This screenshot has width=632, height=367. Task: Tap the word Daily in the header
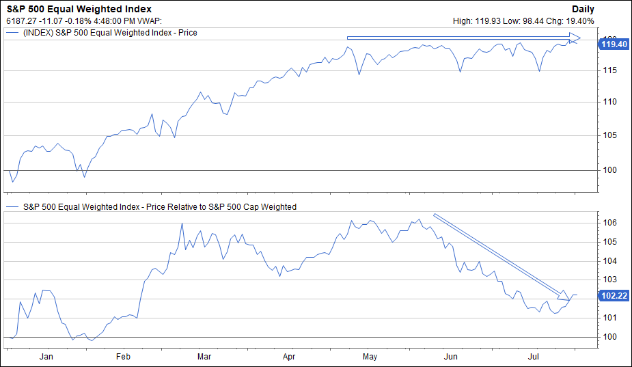tap(583, 9)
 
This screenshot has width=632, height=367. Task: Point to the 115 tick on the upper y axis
tap(610, 70)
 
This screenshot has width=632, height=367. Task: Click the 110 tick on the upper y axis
tap(610, 102)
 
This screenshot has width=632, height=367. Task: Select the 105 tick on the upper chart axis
tap(610, 135)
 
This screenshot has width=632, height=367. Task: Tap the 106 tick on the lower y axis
tap(610, 223)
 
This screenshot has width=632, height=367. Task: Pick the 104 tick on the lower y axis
tap(610, 260)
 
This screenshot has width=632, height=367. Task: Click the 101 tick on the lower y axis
tap(610, 318)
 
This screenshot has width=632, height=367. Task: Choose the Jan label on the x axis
tap(46, 357)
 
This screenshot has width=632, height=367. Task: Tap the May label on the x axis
tap(370, 357)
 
